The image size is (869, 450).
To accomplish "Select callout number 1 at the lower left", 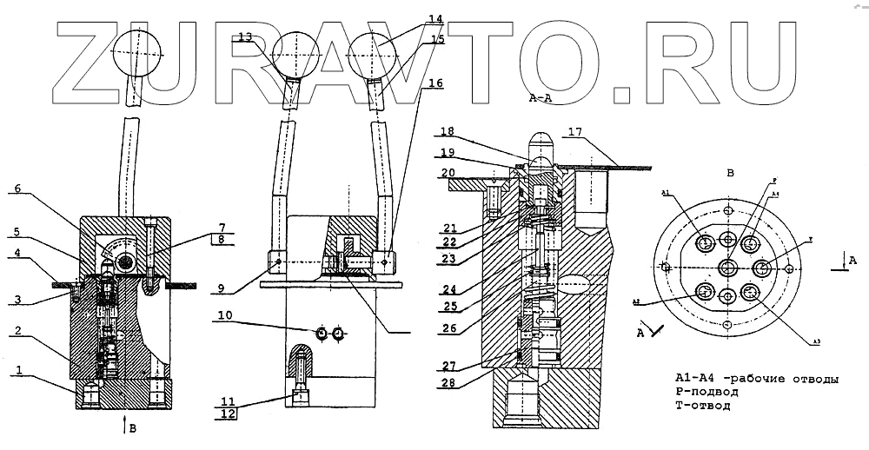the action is (x=17, y=371).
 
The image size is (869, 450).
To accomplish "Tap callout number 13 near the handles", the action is (x=245, y=36).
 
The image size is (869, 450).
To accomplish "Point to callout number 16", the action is (x=434, y=83).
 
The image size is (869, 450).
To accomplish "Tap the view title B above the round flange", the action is (x=731, y=173).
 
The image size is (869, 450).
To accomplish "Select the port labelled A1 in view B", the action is (x=704, y=240).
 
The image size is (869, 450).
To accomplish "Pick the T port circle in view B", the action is (x=763, y=266).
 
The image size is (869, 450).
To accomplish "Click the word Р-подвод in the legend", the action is (x=707, y=392).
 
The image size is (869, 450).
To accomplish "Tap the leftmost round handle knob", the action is (x=138, y=54).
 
